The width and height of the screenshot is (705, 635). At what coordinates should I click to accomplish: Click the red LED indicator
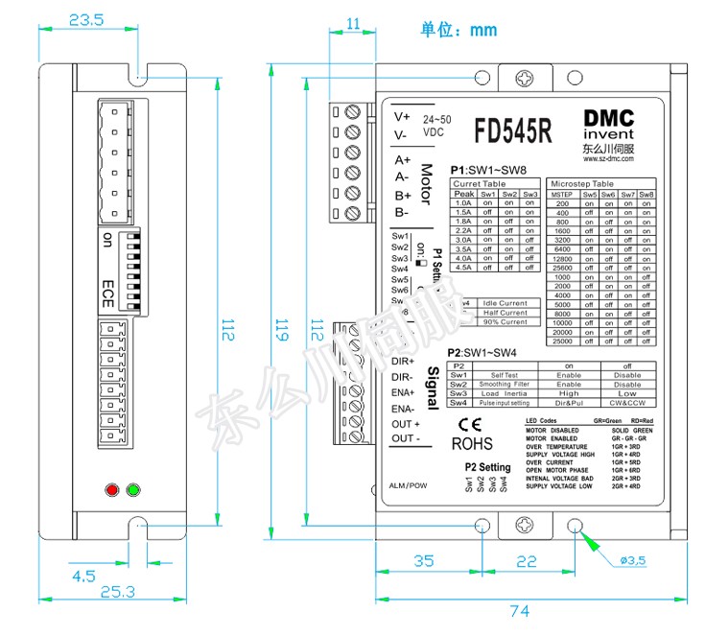[111, 491]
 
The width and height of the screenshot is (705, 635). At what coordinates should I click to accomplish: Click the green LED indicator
[132, 491]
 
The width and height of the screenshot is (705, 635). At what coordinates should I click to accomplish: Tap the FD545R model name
[513, 129]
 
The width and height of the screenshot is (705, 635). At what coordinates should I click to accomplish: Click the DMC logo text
[609, 117]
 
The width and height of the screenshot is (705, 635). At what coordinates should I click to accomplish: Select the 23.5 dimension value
[86, 20]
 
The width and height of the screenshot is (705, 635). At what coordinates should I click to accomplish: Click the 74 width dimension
[519, 611]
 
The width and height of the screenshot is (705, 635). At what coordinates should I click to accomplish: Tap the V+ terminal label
[402, 116]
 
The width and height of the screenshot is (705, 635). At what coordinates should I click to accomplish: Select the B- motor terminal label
[402, 212]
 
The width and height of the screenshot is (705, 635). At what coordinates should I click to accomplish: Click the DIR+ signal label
[403, 361]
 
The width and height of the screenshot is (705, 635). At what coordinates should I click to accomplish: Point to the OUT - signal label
[406, 438]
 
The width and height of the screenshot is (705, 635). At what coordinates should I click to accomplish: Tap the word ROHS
[472, 444]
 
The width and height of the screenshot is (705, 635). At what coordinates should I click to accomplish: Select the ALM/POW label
[408, 486]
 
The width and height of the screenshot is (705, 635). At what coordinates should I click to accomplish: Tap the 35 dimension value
[424, 560]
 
